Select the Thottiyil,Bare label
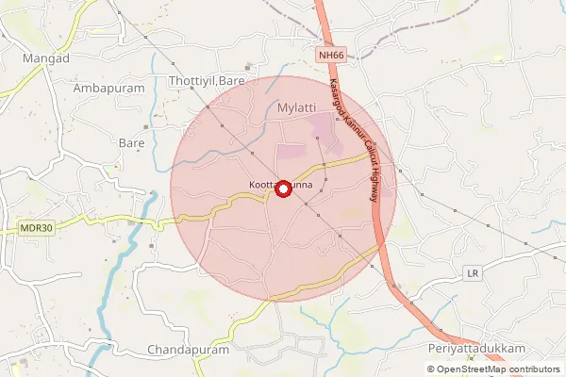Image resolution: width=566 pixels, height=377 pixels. (207, 81)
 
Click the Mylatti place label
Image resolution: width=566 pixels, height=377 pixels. (297, 108)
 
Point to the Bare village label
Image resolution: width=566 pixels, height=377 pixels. (131, 142)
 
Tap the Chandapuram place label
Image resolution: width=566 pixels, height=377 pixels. (189, 349)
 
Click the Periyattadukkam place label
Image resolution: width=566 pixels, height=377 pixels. (475, 349)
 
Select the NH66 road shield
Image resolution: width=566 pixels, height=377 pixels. (332, 56)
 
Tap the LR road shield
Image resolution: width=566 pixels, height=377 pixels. (474, 273)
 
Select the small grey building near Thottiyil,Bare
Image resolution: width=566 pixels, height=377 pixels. (248, 67)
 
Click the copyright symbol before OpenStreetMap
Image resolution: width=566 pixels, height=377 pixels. (431, 369)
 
